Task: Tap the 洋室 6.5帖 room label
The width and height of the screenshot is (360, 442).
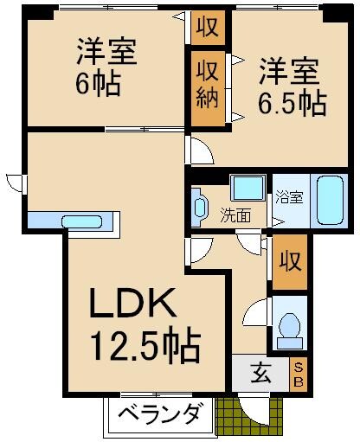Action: pos(290,87)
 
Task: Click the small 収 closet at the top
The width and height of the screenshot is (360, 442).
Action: pos(208,27)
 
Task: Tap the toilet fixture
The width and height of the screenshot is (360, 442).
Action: pos(290,327)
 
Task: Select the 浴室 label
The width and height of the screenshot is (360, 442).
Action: pos(288,196)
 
